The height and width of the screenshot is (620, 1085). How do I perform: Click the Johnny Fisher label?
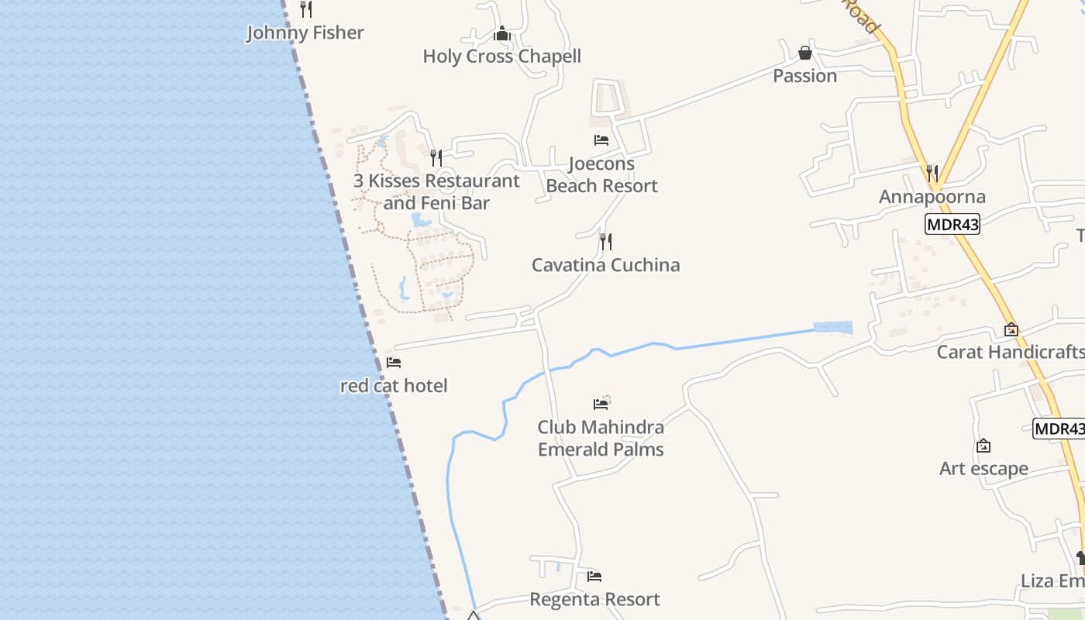click(305, 33)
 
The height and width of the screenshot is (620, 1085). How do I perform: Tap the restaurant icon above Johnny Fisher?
click(306, 9)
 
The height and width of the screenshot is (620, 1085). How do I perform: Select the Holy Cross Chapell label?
click(501, 56)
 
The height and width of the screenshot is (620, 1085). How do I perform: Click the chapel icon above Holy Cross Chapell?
click(502, 33)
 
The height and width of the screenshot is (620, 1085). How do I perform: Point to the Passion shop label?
click(804, 75)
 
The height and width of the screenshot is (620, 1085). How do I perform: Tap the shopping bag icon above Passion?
click(805, 53)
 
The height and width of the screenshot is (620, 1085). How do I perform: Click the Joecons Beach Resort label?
click(601, 174)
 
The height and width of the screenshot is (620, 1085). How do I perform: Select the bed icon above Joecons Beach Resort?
click(601, 140)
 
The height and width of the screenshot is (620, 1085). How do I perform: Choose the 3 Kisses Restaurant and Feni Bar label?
click(436, 191)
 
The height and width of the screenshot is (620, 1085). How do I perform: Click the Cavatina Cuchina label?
click(605, 264)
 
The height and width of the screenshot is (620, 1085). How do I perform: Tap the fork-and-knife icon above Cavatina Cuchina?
click(606, 242)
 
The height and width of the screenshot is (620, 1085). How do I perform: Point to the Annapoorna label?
click(932, 196)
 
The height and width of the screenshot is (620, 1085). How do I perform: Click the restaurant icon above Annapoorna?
click(932, 173)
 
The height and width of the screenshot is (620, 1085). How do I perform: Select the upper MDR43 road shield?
click(952, 225)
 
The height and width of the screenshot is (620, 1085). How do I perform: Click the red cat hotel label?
click(394, 385)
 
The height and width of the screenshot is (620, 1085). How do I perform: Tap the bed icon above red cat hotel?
click(394, 362)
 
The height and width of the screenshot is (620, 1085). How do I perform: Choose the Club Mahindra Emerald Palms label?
click(601, 438)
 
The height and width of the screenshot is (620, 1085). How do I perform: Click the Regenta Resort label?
click(594, 599)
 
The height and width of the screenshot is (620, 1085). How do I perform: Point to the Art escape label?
click(983, 468)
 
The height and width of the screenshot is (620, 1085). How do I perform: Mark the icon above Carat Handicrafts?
click(1011, 329)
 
